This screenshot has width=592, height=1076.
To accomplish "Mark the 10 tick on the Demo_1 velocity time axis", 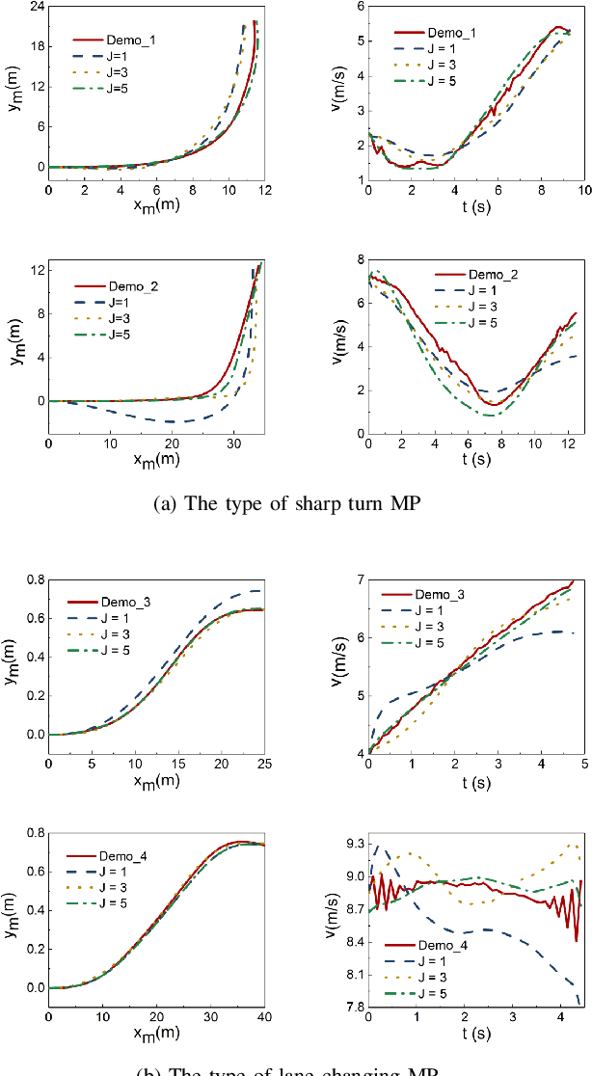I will coord(583,193).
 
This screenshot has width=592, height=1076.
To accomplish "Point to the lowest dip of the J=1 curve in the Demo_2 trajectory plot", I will coord(172,421).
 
